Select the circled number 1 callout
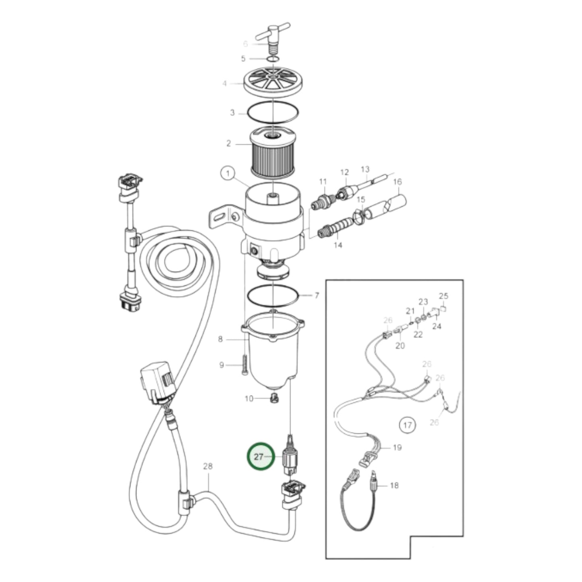[x=228, y=174]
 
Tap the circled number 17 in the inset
[x=407, y=425]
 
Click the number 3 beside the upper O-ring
[x=232, y=113]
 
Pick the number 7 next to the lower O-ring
[x=317, y=296]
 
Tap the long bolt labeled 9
[x=244, y=364]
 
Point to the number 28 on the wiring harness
[x=207, y=466]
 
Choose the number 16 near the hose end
[x=397, y=182]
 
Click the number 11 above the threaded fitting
[x=323, y=182]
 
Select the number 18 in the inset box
[x=394, y=485]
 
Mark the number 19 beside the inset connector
[x=397, y=447]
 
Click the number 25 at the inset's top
[x=443, y=296]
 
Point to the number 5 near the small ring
[x=243, y=59]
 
